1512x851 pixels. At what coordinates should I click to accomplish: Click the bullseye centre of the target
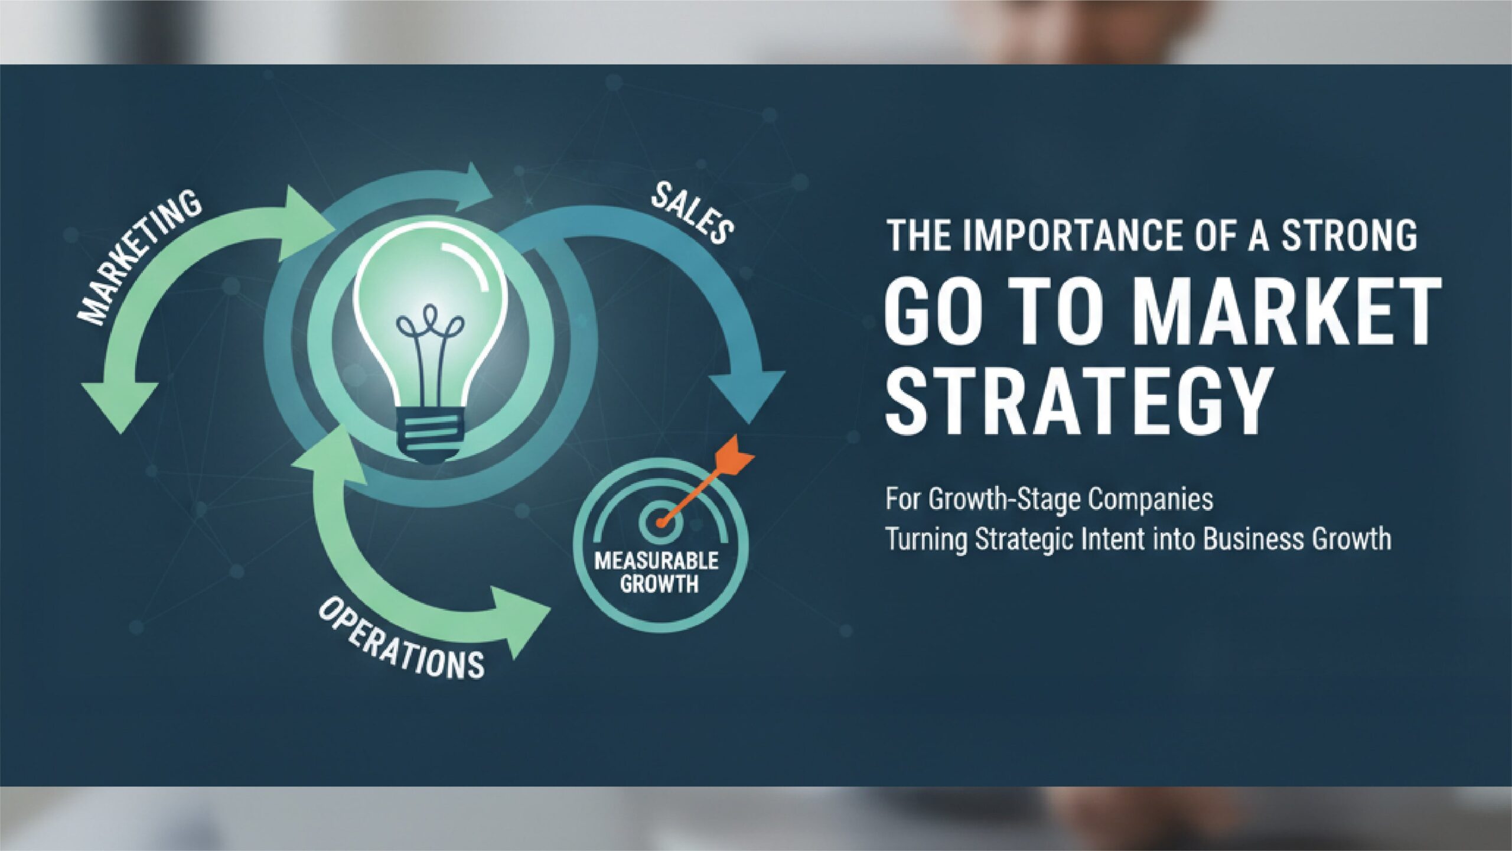660,522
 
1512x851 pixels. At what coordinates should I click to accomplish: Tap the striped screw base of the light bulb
429,434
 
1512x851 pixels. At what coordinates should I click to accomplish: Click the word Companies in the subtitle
1151,500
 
